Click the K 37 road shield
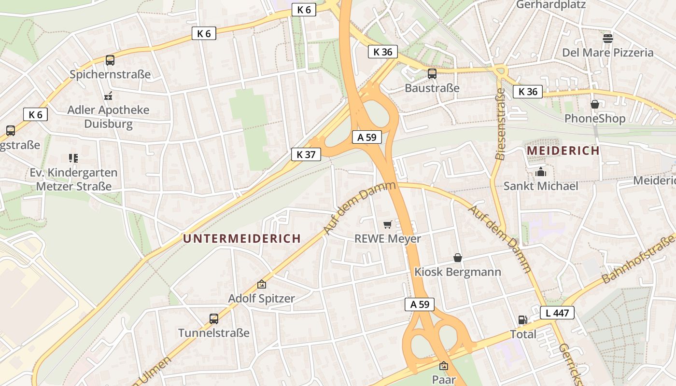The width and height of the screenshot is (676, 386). coord(306,154)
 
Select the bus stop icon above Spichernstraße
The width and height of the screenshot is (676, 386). coord(110,60)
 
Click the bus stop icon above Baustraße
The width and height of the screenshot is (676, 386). coord(432,74)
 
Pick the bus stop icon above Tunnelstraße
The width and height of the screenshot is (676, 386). coord(214,318)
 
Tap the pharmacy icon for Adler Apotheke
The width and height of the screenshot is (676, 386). coord(108,96)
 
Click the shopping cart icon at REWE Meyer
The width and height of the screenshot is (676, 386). coord(387,224)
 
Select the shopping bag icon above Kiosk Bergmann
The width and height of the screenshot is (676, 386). coord(457,258)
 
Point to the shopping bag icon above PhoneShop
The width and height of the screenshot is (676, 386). coord(594,104)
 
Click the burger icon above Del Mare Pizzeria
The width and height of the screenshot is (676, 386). coord(607,39)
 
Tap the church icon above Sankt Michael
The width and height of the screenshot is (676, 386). coord(540,172)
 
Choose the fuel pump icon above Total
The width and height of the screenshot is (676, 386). coord(522,319)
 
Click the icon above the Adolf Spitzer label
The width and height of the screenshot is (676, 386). coord(261,285)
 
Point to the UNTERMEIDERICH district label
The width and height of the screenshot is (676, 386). coord(242,238)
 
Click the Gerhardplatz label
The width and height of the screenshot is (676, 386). coord(551,5)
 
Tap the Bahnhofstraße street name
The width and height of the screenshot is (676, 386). coord(638,259)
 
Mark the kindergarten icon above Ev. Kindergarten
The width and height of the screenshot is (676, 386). coord(73,158)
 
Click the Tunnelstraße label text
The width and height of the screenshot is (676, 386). coord(214,333)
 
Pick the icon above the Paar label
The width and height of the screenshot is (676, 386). coord(444,366)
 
